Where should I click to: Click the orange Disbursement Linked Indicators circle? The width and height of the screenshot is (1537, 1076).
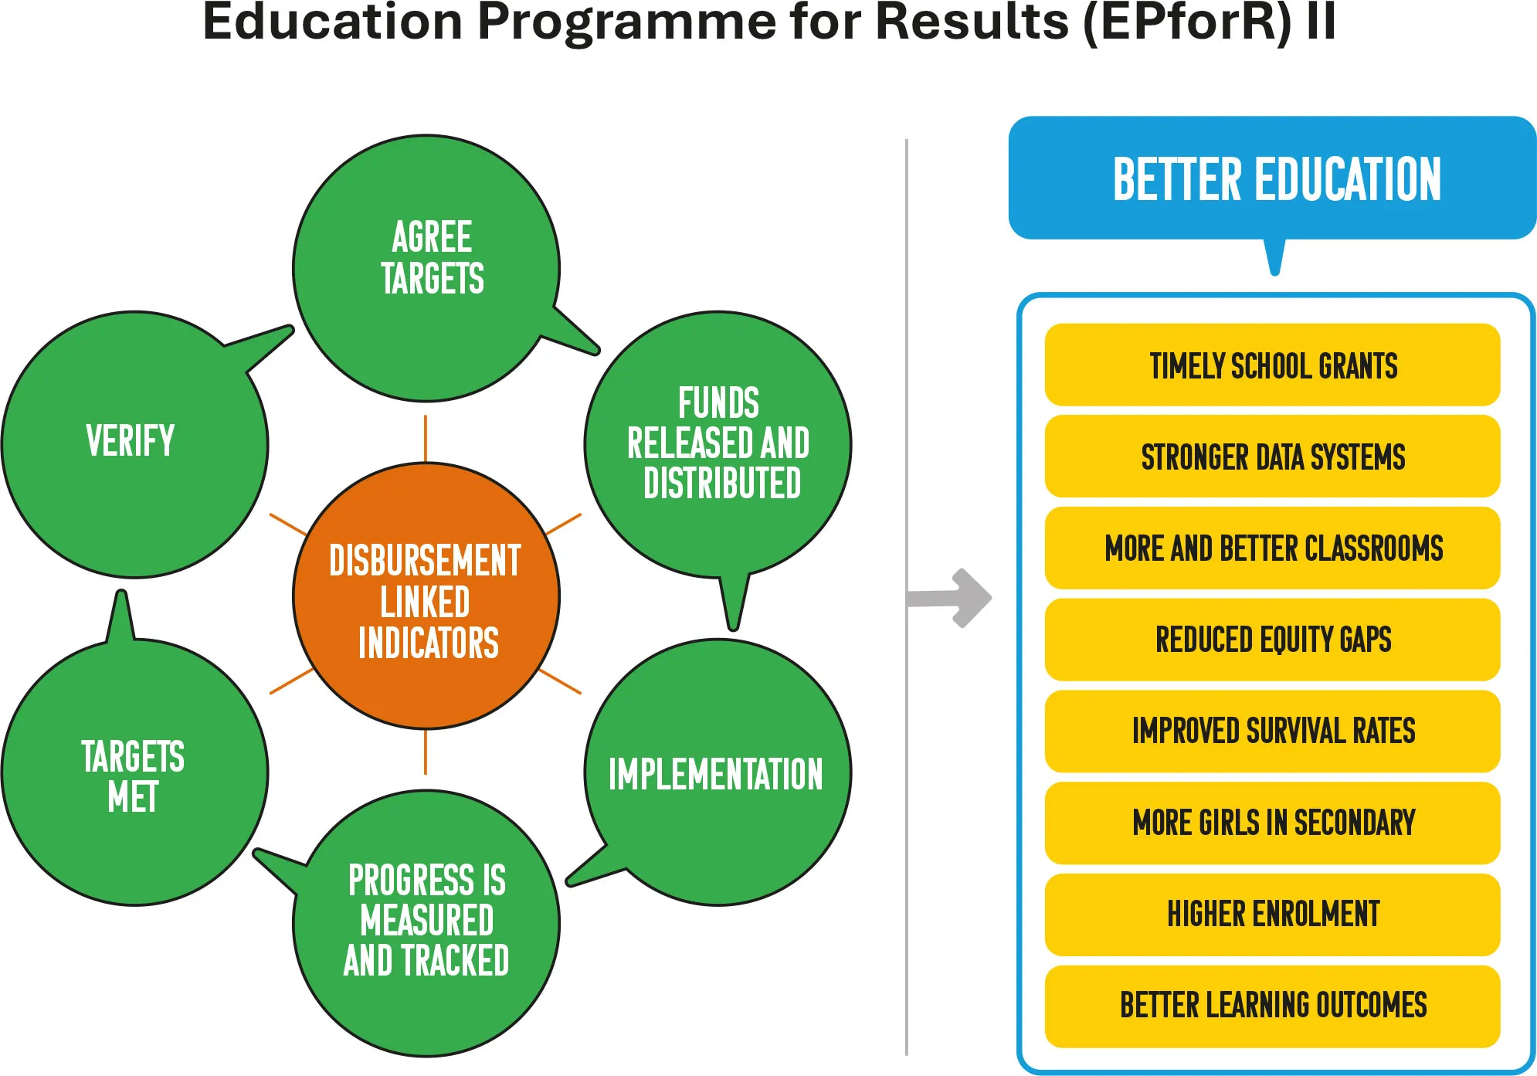(426, 596)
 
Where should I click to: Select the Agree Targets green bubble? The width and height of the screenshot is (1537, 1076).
(426, 268)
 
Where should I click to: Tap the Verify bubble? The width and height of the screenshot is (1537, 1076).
(135, 444)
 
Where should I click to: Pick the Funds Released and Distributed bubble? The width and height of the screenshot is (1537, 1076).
(718, 444)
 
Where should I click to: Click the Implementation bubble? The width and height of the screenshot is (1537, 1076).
(718, 772)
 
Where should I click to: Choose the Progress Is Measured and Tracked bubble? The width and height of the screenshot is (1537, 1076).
(426, 923)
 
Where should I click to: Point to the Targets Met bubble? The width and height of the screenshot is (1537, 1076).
(135, 772)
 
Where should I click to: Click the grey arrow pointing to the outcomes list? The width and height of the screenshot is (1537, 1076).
(949, 598)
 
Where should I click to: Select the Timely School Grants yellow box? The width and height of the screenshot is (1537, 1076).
(1272, 365)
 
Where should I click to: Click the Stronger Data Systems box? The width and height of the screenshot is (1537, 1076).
(1272, 456)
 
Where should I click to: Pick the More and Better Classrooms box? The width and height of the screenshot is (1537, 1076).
(1272, 548)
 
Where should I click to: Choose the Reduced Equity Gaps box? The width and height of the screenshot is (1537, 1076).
(1272, 640)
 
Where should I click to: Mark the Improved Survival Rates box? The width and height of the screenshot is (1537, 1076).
(1272, 731)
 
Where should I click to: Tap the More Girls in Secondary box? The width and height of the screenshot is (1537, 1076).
(1272, 823)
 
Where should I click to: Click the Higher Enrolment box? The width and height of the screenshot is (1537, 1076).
(1272, 915)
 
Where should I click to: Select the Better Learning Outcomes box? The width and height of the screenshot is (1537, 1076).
(1272, 1006)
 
